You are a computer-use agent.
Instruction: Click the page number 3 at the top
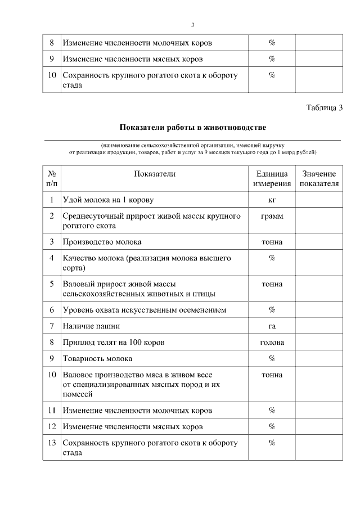(x=192, y=25)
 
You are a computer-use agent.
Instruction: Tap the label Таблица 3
(x=325, y=108)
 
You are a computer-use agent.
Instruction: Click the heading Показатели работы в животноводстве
(x=192, y=128)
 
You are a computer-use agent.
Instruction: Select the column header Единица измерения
(x=272, y=179)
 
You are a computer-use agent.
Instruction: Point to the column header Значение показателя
(x=319, y=179)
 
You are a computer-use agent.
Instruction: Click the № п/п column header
(x=52, y=179)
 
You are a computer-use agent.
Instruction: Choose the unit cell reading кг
(x=272, y=200)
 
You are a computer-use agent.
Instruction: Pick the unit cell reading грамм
(x=272, y=216)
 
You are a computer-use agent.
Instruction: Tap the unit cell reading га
(x=272, y=326)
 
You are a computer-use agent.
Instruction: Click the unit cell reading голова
(x=272, y=343)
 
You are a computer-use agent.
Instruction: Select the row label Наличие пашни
(x=92, y=326)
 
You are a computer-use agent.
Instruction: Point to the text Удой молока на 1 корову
(x=108, y=200)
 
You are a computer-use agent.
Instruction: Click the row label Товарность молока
(x=98, y=359)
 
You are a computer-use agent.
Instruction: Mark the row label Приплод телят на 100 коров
(x=114, y=343)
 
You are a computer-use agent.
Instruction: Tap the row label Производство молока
(x=102, y=242)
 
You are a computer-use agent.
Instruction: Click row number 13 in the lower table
(x=52, y=443)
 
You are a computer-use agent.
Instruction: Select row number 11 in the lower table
(x=52, y=411)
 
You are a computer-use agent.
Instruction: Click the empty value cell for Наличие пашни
(x=319, y=326)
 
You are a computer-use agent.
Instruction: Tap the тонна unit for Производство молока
(x=272, y=242)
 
